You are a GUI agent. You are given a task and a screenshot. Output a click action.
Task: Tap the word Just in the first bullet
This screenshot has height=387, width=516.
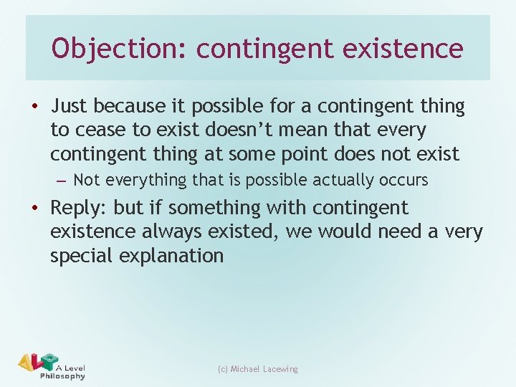pyautogui.click(x=69, y=107)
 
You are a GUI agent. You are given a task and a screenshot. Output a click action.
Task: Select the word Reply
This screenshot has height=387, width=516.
pyautogui.click(x=74, y=209)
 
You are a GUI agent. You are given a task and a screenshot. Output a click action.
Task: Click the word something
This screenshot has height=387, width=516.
pyautogui.click(x=210, y=209)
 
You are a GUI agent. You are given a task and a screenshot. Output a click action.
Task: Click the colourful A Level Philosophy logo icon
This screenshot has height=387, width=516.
pyautogui.click(x=37, y=363)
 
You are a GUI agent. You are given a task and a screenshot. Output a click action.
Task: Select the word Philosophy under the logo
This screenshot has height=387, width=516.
pyautogui.click(x=63, y=376)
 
